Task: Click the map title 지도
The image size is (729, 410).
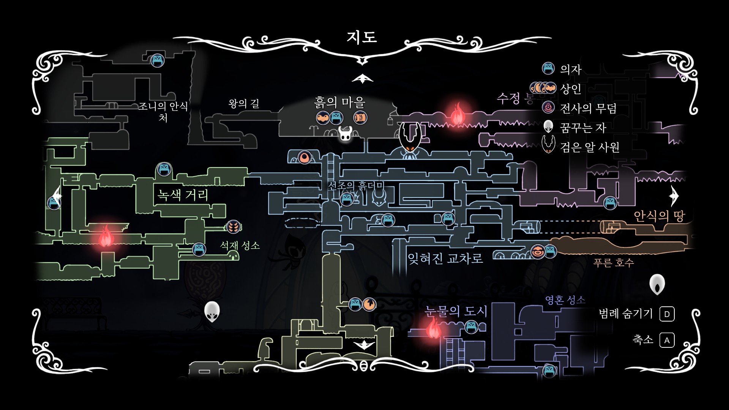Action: [x=361, y=37]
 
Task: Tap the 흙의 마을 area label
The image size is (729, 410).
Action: [x=339, y=102]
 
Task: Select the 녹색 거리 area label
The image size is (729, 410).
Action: [x=183, y=195]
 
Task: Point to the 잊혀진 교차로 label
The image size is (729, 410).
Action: [x=445, y=259]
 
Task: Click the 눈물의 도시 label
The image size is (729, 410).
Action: [x=456, y=311]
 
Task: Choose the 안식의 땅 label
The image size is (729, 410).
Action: [x=659, y=216]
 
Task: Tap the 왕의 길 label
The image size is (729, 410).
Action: [x=244, y=103]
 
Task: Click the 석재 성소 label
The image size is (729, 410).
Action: [x=240, y=246]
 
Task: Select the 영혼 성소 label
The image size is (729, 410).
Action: [x=565, y=300]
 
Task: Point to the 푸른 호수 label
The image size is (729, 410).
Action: [x=614, y=263]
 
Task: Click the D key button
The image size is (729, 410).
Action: [x=667, y=314]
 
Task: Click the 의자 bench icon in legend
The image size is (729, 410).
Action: [x=548, y=69]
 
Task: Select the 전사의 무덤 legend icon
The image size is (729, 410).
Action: [x=548, y=108]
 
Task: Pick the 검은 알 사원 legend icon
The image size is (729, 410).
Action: [x=548, y=145]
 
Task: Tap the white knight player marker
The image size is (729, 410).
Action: [x=345, y=133]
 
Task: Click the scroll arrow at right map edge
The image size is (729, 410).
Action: [x=674, y=196]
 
